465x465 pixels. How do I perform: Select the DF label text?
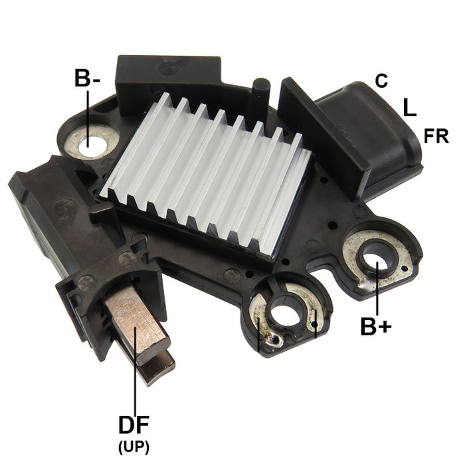pyautogui.click(x=134, y=424)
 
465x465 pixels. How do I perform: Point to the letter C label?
pyautogui.click(x=381, y=81)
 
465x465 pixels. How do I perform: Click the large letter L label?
pyautogui.click(x=409, y=107)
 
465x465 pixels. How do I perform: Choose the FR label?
pyautogui.click(x=436, y=136)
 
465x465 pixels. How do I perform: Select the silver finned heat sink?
pyautogui.click(x=209, y=169)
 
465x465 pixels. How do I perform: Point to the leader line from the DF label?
pyautogui.click(x=135, y=372)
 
